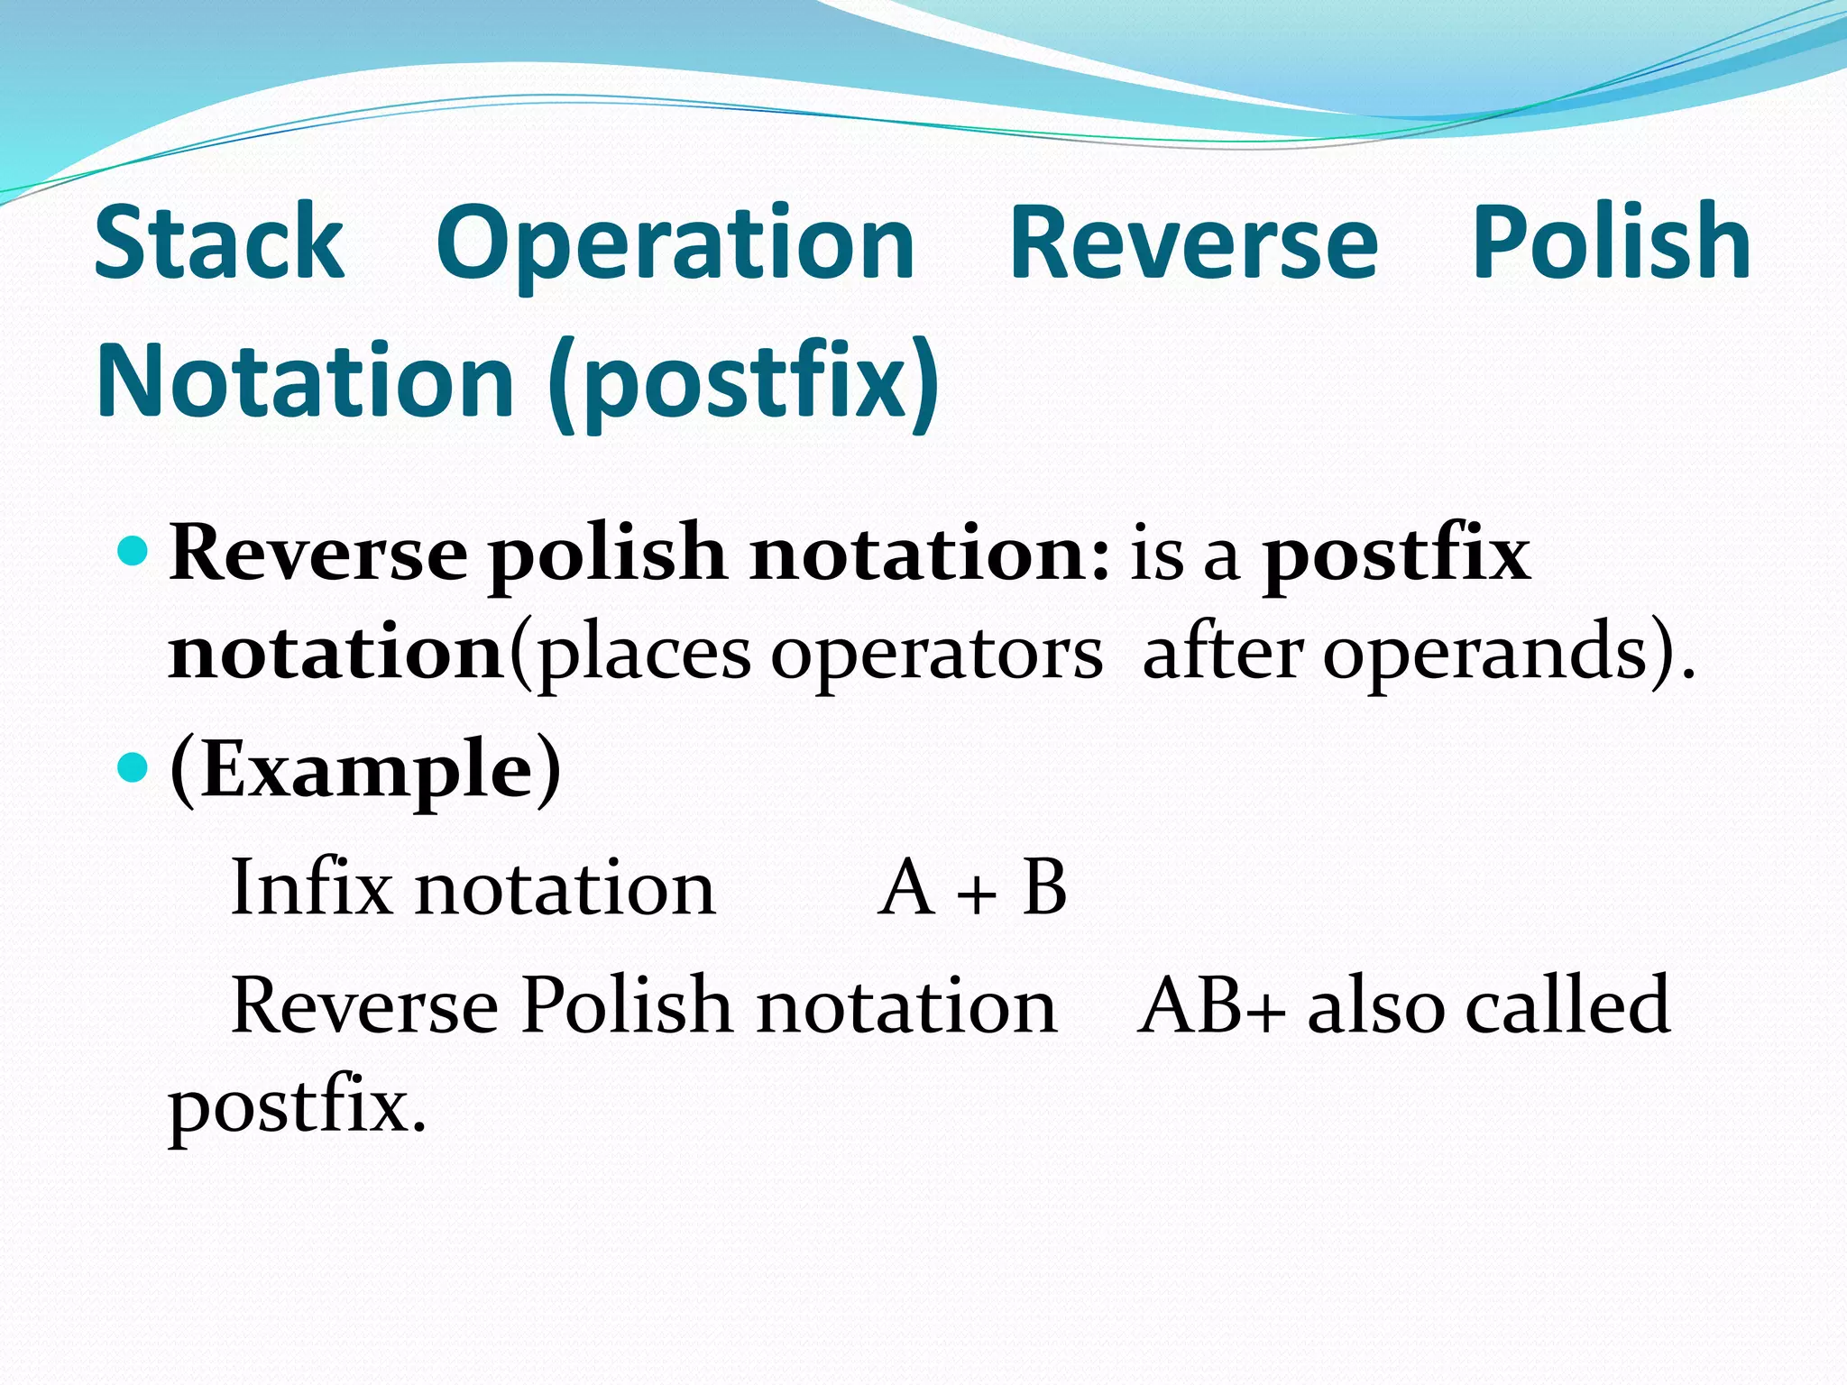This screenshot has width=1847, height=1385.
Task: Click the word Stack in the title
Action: (219, 242)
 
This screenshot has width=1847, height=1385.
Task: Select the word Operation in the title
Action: (675, 243)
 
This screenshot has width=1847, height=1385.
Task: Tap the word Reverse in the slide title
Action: (1193, 242)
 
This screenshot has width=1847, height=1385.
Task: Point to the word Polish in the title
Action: (1611, 242)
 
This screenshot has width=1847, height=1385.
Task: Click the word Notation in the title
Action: (306, 381)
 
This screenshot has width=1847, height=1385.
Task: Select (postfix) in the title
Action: (743, 383)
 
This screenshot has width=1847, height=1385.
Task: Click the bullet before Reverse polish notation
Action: (133, 550)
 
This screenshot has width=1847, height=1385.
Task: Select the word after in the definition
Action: (1222, 651)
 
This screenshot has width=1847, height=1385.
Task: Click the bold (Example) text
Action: (365, 769)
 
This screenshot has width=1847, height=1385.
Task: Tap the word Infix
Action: (311, 887)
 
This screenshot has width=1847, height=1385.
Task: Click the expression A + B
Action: (972, 887)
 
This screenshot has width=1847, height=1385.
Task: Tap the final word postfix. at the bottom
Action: (297, 1107)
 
